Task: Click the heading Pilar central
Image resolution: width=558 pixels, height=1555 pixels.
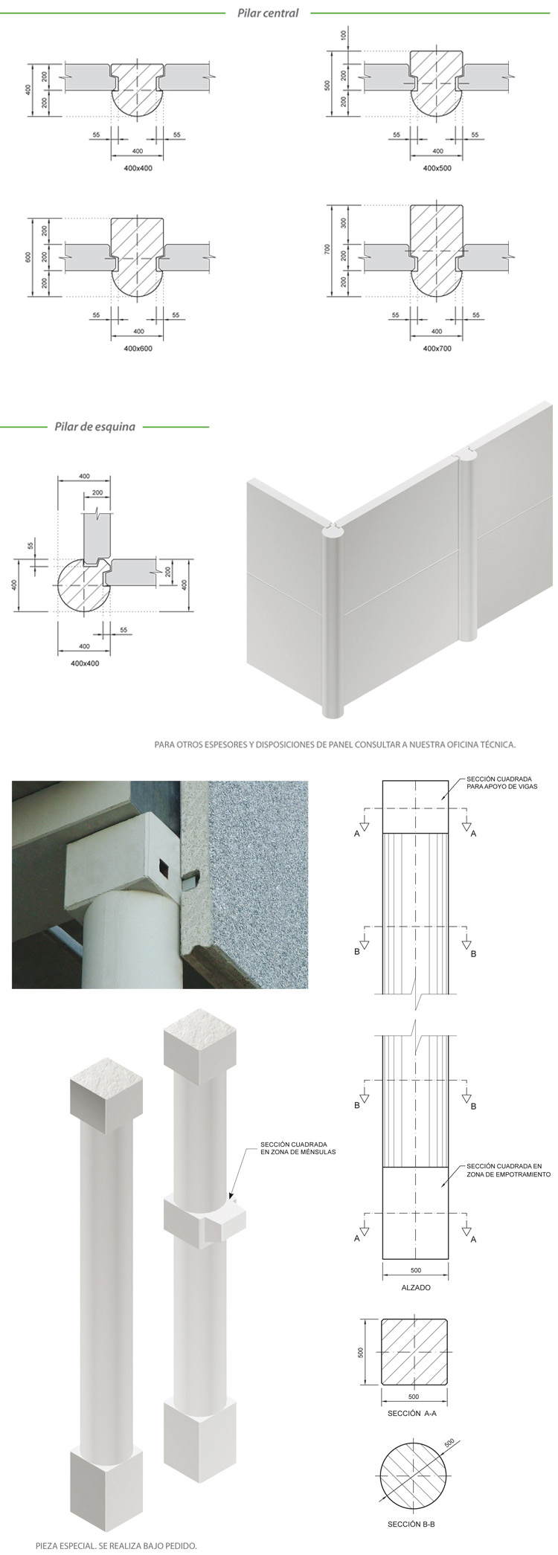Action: click(x=268, y=13)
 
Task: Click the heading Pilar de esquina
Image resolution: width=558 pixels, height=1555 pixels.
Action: click(x=94, y=427)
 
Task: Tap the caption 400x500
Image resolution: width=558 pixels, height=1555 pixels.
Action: click(x=437, y=168)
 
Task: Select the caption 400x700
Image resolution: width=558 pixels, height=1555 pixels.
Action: click(x=437, y=348)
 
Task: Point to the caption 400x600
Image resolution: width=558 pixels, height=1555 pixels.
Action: click(x=138, y=348)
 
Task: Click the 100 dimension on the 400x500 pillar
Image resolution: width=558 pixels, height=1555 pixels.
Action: click(x=344, y=35)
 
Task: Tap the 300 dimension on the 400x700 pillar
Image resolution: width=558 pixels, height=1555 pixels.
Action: click(x=344, y=223)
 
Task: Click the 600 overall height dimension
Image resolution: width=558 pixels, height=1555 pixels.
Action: click(x=28, y=257)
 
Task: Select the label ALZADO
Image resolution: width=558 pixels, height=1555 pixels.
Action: click(x=415, y=1287)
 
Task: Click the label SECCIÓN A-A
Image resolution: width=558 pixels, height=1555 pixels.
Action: click(x=411, y=1413)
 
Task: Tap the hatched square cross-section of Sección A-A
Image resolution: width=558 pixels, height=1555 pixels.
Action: click(x=415, y=1352)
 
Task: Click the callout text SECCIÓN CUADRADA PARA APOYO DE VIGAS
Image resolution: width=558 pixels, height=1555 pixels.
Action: click(x=502, y=782)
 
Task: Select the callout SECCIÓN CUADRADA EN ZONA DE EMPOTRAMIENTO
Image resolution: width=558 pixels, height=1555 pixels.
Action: click(x=508, y=1171)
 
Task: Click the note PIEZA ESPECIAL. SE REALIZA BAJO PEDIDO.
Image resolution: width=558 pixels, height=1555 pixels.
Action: click(x=116, y=1545)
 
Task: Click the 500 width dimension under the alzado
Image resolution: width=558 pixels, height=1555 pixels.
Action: click(x=415, y=1269)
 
